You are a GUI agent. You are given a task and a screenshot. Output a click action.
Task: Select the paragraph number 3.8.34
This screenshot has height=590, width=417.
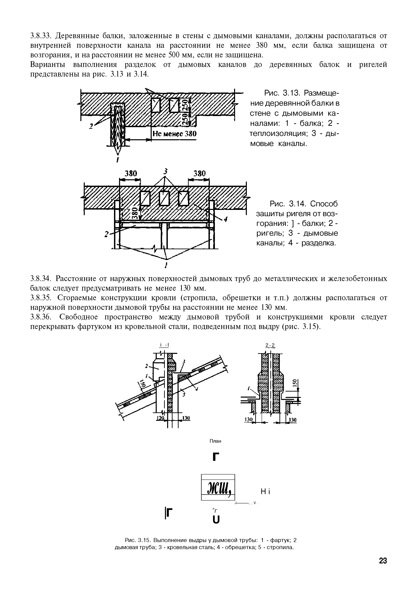click(x=42, y=279)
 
